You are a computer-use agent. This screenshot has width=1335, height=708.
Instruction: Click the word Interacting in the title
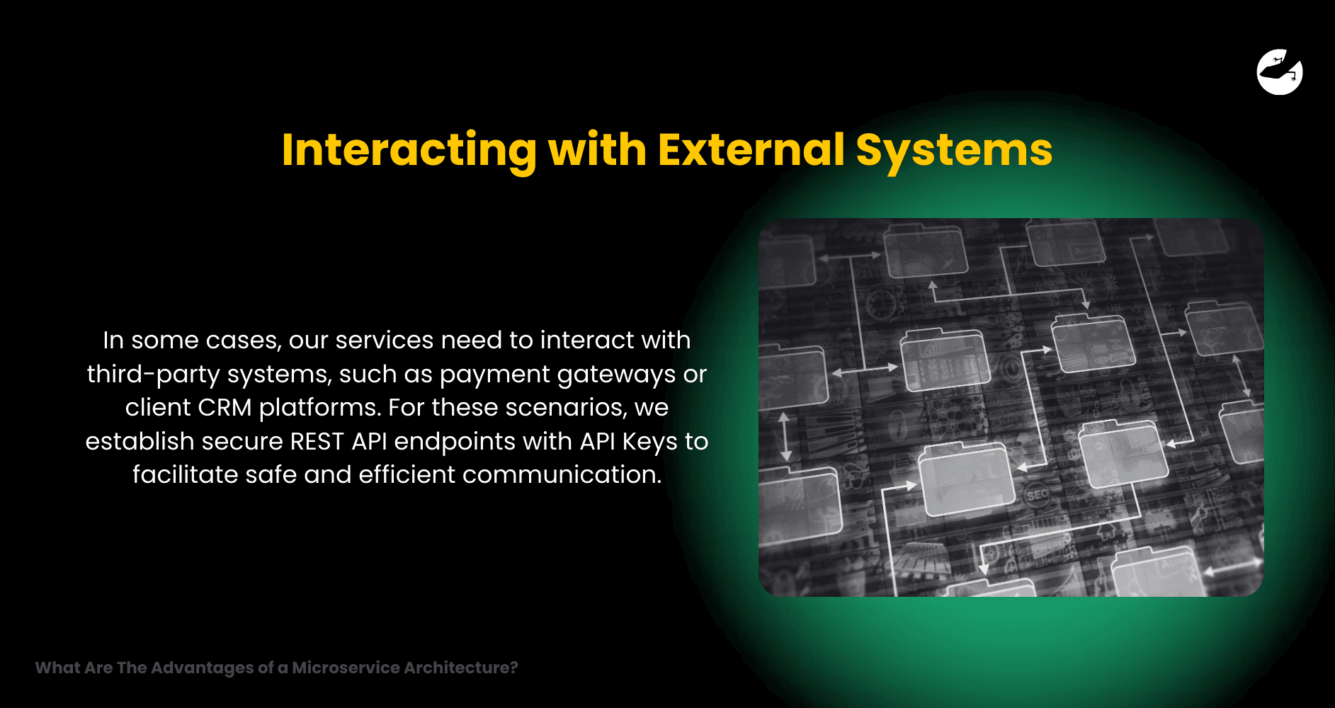(x=409, y=150)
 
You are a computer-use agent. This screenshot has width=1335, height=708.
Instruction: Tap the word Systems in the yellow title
(x=954, y=150)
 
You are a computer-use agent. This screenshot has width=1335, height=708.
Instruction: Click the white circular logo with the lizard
(x=1280, y=72)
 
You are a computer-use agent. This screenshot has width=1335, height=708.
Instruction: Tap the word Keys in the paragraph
(x=649, y=442)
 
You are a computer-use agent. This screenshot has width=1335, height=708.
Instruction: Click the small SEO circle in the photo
(x=1038, y=494)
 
